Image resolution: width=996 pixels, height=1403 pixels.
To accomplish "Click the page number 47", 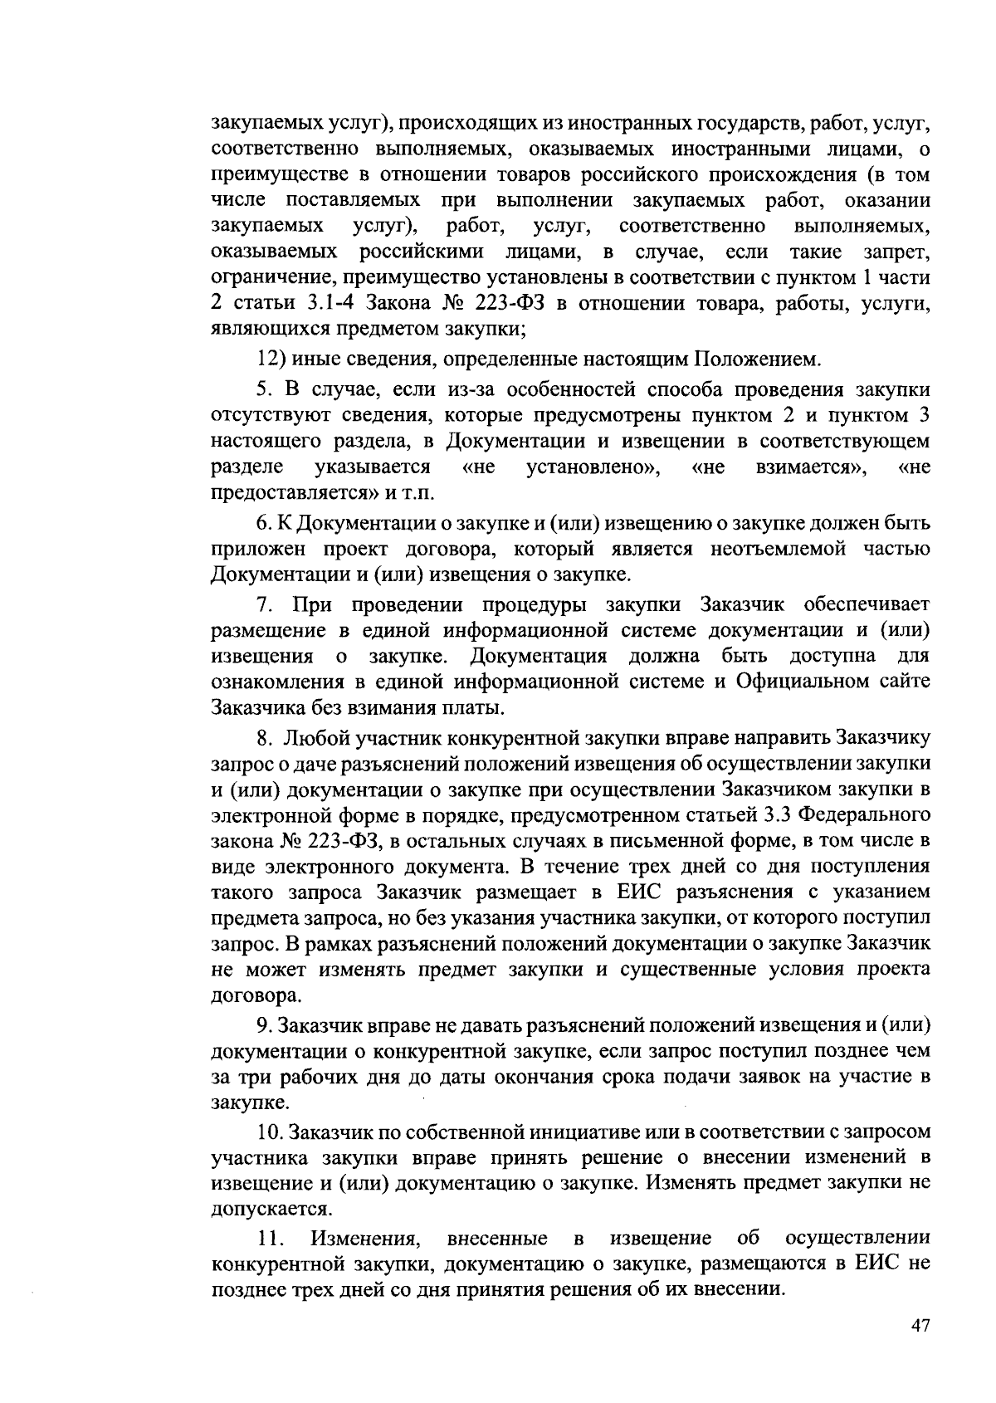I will pyautogui.click(x=920, y=1326).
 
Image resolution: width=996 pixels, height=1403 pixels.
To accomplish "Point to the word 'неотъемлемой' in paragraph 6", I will pyautogui.click(x=793, y=549).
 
